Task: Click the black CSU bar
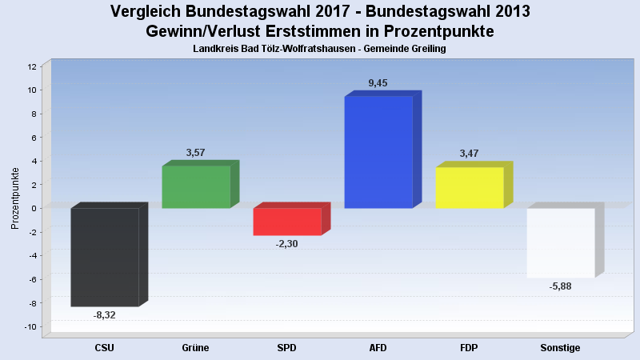pyautogui.click(x=105, y=257)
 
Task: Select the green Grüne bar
pyautogui.click(x=196, y=186)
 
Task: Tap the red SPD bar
pyautogui.click(x=287, y=222)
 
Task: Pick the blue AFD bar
pyautogui.click(x=378, y=152)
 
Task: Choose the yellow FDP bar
pyautogui.click(x=470, y=187)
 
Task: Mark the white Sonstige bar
pyautogui.click(x=561, y=242)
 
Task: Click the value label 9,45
pyautogui.click(x=378, y=83)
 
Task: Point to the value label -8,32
pyautogui.click(x=105, y=315)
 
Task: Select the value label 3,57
pyautogui.click(x=196, y=152)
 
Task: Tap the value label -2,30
pyautogui.click(x=286, y=244)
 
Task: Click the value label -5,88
pyautogui.click(x=560, y=286)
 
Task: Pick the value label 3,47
pyautogui.click(x=470, y=154)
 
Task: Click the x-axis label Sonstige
pyautogui.click(x=560, y=348)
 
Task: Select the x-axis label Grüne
pyautogui.click(x=196, y=348)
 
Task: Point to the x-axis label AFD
pyautogui.click(x=378, y=348)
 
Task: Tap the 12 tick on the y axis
pyautogui.click(x=32, y=66)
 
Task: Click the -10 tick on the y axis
pyautogui.click(x=30, y=326)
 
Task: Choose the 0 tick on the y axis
pyautogui.click(x=34, y=208)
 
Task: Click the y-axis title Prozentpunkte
pyautogui.click(x=15, y=198)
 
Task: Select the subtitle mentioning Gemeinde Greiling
pyautogui.click(x=320, y=49)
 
